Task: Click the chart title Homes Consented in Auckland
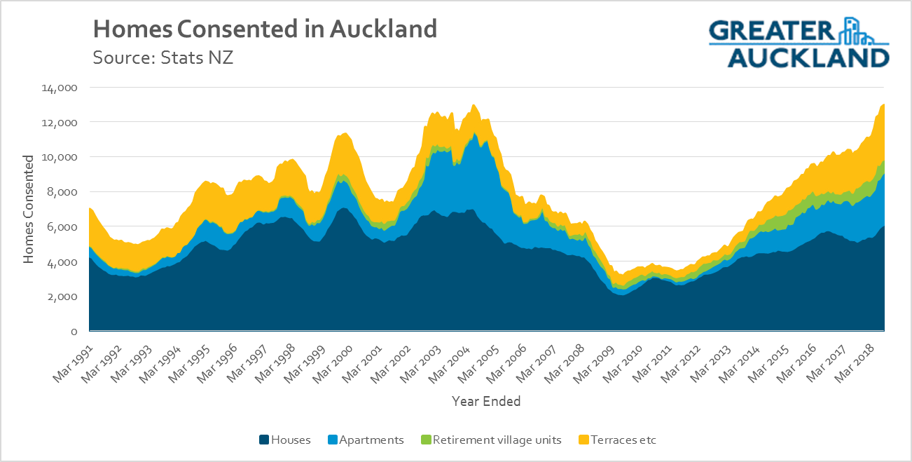click(x=265, y=29)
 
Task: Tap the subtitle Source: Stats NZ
click(x=163, y=57)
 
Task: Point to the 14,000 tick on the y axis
click(x=62, y=88)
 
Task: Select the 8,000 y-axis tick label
click(x=64, y=192)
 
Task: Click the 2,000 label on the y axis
click(x=64, y=297)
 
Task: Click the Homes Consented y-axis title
click(x=29, y=210)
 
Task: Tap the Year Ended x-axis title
click(x=486, y=402)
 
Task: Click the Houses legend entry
click(x=290, y=440)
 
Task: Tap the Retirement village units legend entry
click(x=497, y=440)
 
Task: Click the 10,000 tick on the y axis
click(x=62, y=157)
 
